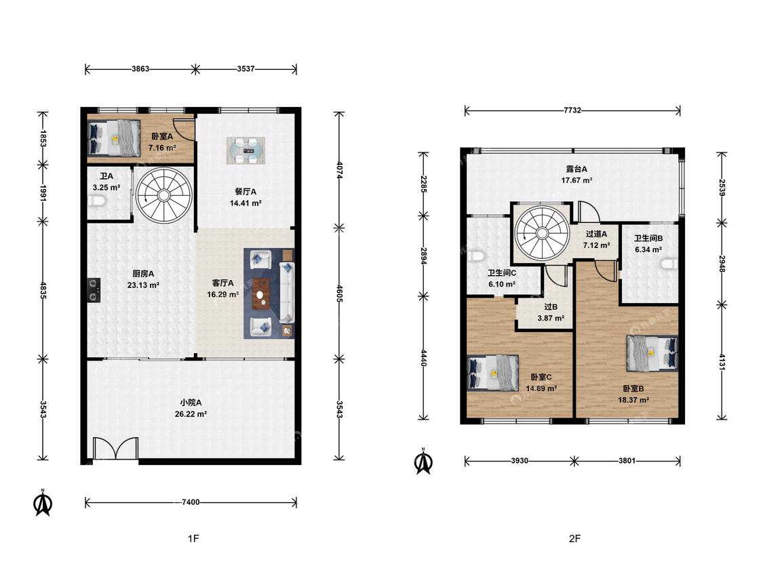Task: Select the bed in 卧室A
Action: click(113, 138)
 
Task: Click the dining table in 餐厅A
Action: click(246, 150)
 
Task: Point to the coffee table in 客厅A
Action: click(261, 293)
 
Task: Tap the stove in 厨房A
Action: click(94, 290)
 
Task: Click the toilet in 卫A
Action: click(97, 201)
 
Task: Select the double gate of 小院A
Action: click(116, 449)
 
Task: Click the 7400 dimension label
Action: click(191, 502)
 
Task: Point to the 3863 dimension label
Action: click(140, 68)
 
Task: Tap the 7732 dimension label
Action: click(572, 110)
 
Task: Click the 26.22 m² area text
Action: click(191, 414)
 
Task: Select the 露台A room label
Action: click(576, 169)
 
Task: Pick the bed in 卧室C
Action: click(493, 373)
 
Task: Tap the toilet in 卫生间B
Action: click(670, 263)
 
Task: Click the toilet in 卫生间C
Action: click(473, 256)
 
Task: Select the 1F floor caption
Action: click(194, 538)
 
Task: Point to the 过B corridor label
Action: click(551, 307)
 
